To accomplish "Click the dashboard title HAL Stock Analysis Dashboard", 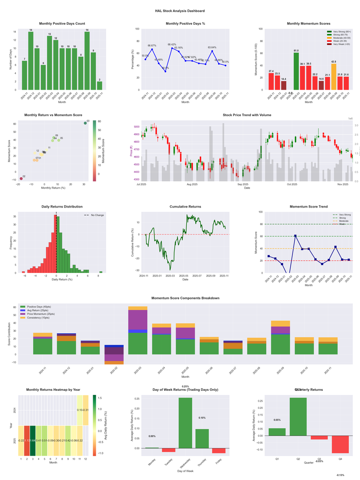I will click(180, 11).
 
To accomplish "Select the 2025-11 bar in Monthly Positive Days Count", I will click(99, 86).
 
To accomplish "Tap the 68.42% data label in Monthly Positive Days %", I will click(172, 45).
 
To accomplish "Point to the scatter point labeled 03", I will click(85, 123).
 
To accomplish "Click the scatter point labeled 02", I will click(21, 179).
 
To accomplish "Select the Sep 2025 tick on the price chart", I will click(243, 184).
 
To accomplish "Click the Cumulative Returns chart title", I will click(185, 206).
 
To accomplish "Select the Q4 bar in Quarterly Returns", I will click(341, 444).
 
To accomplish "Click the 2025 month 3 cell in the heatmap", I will click(33, 440).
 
